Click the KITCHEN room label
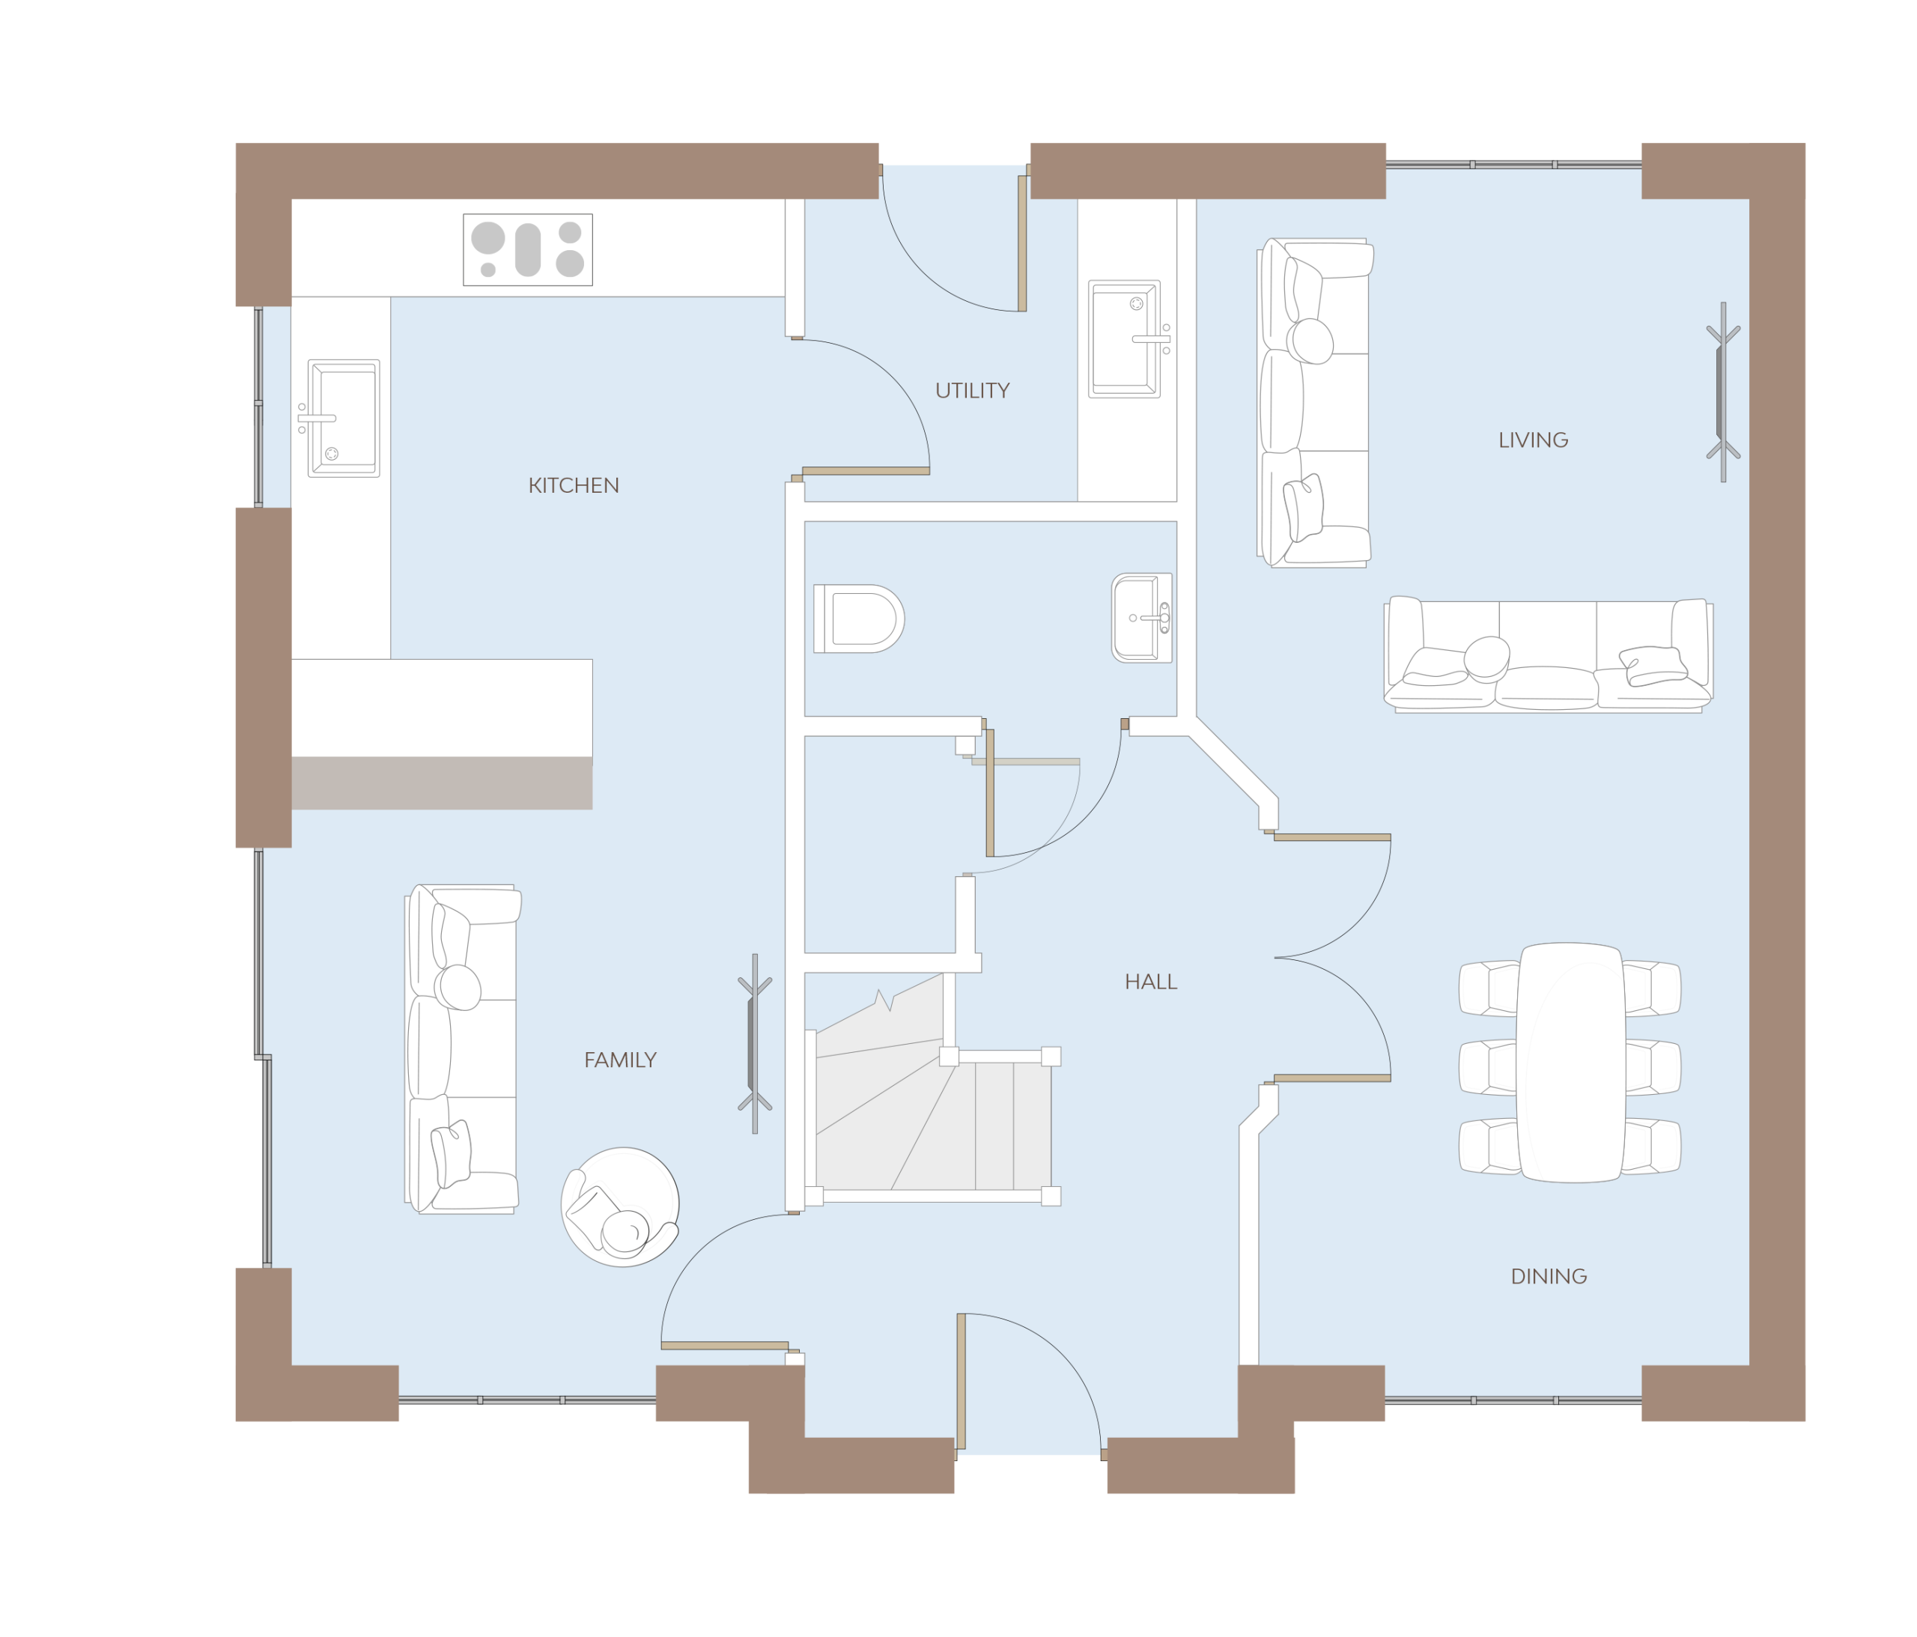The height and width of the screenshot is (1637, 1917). [574, 486]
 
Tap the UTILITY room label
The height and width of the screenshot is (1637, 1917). [973, 390]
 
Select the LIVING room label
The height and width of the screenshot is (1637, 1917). [1533, 440]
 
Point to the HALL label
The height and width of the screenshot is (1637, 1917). [1151, 982]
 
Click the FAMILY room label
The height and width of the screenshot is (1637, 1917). [620, 1060]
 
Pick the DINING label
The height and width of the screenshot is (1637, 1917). [1549, 1277]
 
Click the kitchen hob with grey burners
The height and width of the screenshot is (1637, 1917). [527, 250]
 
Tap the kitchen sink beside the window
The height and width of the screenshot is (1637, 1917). [341, 419]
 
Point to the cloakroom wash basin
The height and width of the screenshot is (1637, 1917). [1142, 618]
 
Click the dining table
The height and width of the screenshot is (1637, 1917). [1570, 1063]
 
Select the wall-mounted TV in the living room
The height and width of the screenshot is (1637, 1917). [1723, 392]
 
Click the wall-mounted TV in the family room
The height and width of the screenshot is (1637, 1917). [754, 1044]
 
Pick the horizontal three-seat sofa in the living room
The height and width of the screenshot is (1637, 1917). [1548, 655]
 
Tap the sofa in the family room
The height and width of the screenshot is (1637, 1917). [463, 1048]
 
